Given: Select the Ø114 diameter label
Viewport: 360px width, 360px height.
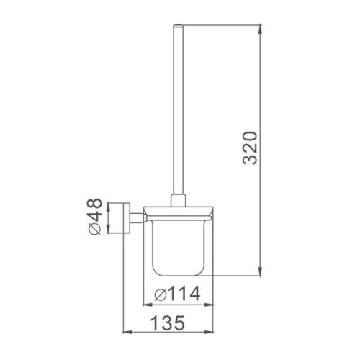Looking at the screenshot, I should [x=178, y=294].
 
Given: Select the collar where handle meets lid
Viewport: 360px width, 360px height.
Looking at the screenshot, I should [x=179, y=201].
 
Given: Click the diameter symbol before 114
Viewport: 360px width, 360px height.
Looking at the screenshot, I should [x=161, y=294].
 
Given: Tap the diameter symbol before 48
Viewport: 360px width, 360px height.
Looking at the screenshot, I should [x=94, y=231].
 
